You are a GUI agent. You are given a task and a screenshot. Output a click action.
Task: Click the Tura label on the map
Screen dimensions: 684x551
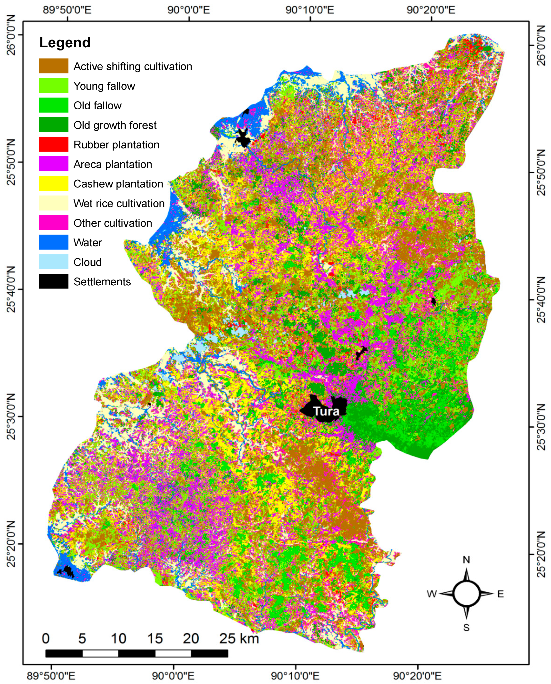point(326,411)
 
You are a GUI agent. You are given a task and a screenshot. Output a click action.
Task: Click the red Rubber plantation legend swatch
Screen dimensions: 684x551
point(54,144)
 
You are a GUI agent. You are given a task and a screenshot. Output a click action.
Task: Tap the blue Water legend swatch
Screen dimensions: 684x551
point(54,242)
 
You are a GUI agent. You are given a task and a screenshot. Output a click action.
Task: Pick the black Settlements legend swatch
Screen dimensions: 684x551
point(54,281)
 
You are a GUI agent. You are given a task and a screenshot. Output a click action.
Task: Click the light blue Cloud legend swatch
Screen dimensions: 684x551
point(54,262)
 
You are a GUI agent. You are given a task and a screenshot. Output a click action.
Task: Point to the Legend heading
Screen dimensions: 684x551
point(65,42)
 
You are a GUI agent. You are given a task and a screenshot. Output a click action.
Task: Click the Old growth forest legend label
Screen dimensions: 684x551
point(115,125)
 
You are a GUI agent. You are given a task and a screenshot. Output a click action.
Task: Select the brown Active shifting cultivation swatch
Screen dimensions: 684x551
point(54,66)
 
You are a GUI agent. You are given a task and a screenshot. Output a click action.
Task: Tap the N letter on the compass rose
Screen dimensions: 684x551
point(466,560)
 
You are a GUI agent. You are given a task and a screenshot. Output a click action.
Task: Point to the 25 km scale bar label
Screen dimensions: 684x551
point(239,639)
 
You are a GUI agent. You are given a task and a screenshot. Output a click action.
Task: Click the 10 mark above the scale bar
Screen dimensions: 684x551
point(118,639)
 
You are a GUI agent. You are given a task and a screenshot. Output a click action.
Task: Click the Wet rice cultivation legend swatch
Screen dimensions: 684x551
point(54,203)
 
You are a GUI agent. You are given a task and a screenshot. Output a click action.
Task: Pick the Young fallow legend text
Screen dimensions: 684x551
point(104,86)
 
